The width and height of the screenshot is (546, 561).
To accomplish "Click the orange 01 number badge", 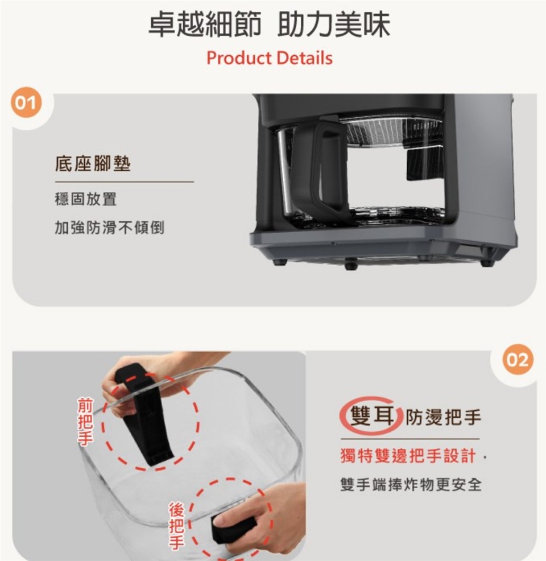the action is tap(26, 103).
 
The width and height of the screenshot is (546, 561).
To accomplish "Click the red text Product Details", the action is tap(270, 58).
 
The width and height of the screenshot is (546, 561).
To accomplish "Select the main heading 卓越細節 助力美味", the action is tap(269, 24).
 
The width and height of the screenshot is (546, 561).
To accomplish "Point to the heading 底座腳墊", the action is tap(93, 164).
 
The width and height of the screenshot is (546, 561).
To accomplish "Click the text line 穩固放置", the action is tap(86, 199).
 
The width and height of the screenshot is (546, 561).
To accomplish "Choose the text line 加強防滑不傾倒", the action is tap(109, 228).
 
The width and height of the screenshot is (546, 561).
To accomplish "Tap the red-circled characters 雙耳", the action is tap(372, 416).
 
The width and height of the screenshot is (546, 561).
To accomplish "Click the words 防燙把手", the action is tap(444, 417).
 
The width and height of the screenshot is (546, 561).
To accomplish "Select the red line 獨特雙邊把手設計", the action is tap(408, 456).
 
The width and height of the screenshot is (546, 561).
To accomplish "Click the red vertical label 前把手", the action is tap(85, 422).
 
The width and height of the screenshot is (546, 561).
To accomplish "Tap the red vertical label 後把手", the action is tap(176, 525).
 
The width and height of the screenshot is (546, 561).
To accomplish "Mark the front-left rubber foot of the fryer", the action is tap(279, 262).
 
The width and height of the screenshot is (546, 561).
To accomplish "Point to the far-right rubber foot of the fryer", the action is tap(486, 263).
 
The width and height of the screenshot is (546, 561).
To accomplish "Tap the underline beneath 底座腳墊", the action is tap(125, 181).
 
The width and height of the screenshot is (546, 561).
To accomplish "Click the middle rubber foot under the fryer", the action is tap(351, 266).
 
